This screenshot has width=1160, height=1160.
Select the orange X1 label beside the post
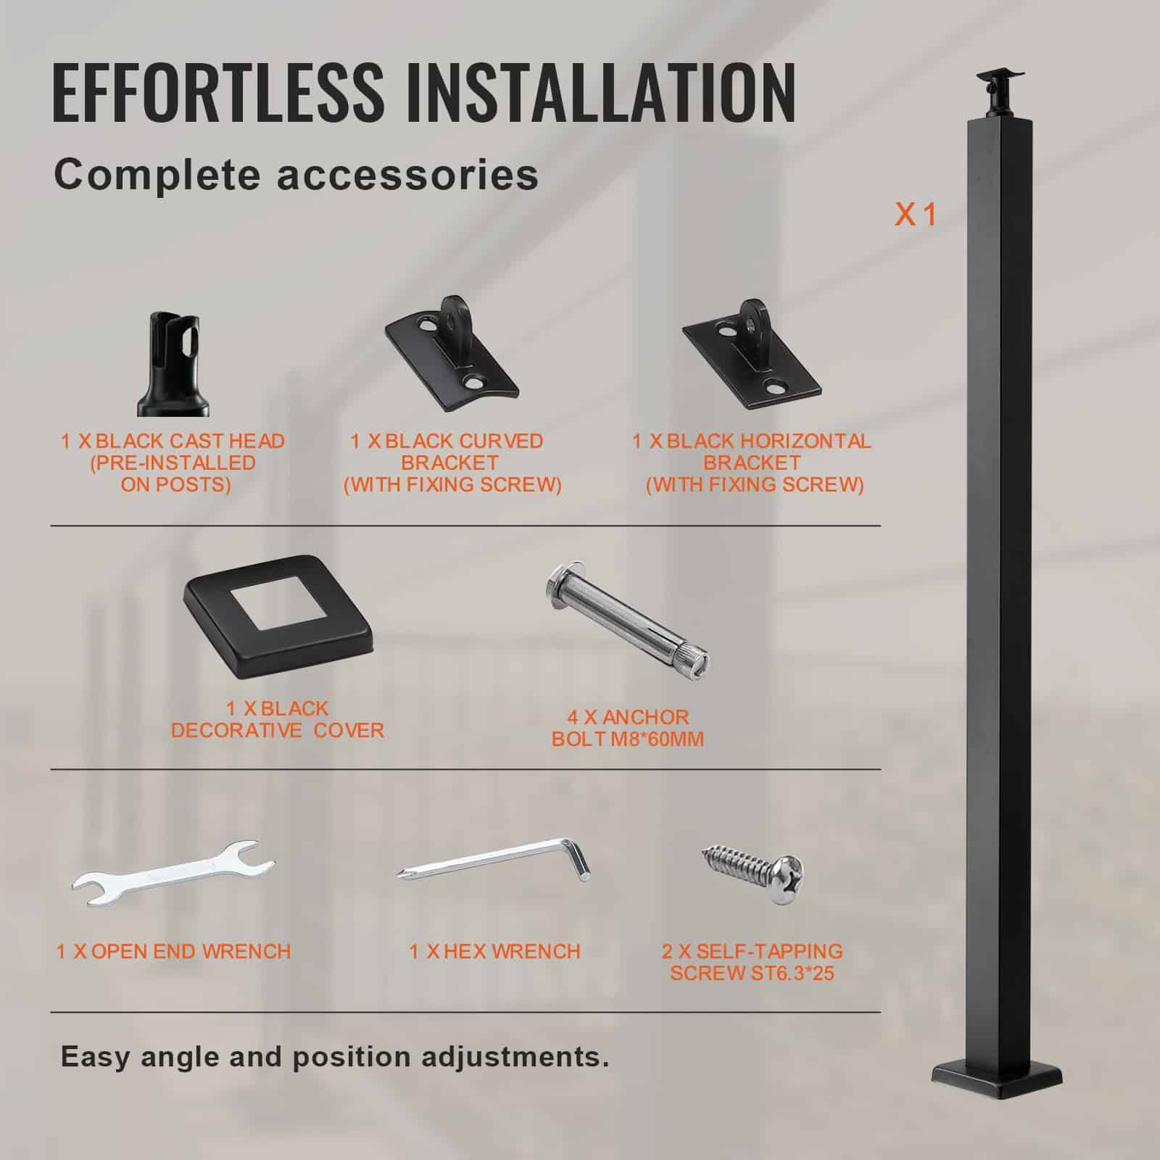coord(916,215)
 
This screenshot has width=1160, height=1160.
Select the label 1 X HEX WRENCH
coord(494,951)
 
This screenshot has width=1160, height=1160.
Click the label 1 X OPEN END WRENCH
coord(174,951)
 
